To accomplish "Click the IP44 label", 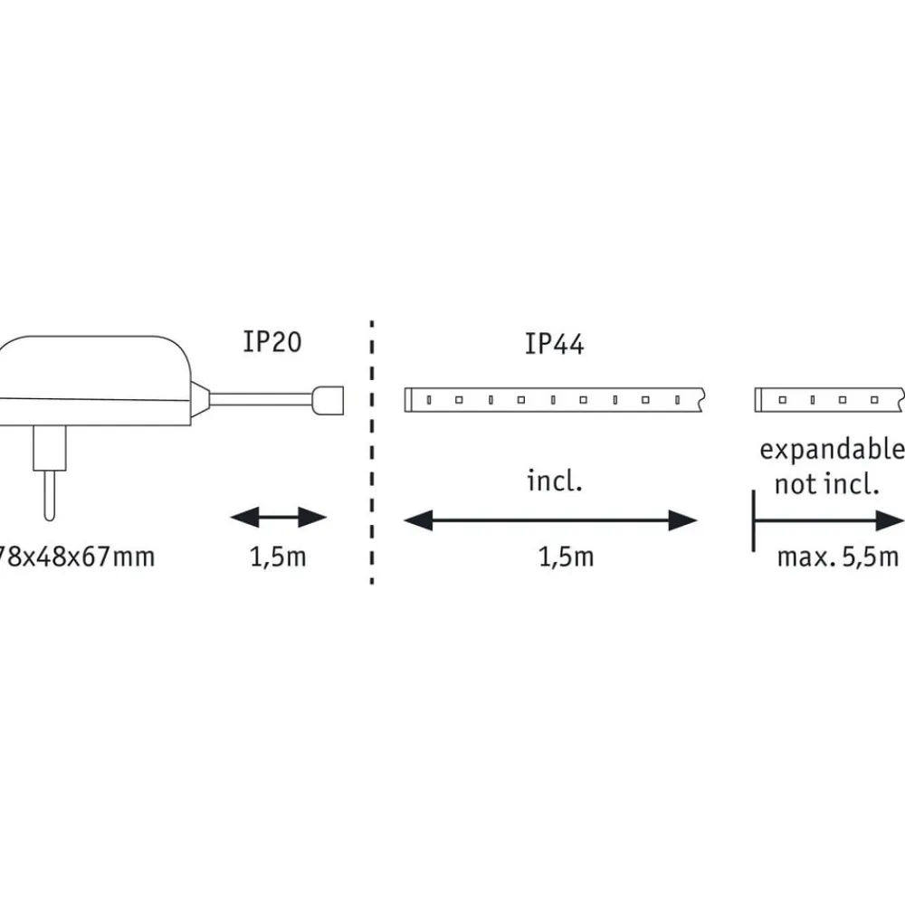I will (554, 345).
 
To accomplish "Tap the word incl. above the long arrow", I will (555, 481).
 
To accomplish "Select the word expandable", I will (831, 449).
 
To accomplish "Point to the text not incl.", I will (826, 484).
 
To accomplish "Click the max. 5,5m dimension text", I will (837, 556).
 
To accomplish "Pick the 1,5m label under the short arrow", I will (278, 556).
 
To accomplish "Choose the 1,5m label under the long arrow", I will (566, 556).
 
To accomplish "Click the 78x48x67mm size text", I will (77, 556).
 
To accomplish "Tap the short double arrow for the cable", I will (278, 519).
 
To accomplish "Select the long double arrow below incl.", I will (550, 520).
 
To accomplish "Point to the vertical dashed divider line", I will (372, 452).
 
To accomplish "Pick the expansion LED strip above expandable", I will (828, 398).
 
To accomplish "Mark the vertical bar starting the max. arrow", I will (753, 520).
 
